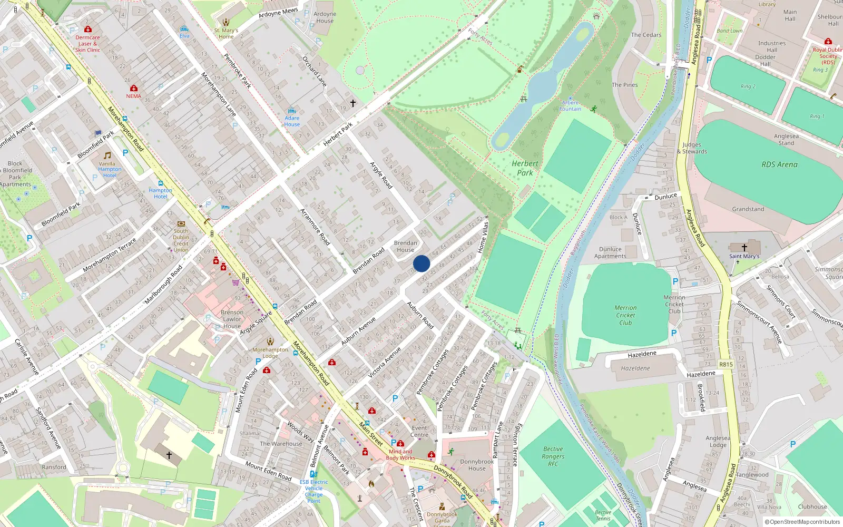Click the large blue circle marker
pyautogui.click(x=421, y=263)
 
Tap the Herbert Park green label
pyautogui.click(x=525, y=168)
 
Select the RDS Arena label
pyautogui.click(x=779, y=164)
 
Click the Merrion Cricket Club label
pyautogui.click(x=625, y=315)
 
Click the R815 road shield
pyautogui.click(x=726, y=364)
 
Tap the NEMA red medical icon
pyautogui.click(x=134, y=88)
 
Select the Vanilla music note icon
pyautogui.click(x=107, y=155)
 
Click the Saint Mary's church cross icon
pyautogui.click(x=744, y=247)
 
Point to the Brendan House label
pyautogui.click(x=405, y=247)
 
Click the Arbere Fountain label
pyautogui.click(x=570, y=106)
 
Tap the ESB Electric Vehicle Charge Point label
pyautogui.click(x=313, y=491)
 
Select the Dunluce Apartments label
pyautogui.click(x=610, y=253)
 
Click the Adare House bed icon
pyautogui.click(x=292, y=111)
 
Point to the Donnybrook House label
pyautogui.click(x=477, y=465)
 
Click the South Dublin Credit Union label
pyautogui.click(x=181, y=240)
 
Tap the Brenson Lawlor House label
pyautogui.click(x=232, y=319)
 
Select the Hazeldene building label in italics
pyautogui.click(x=635, y=368)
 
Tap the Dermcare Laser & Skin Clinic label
pyautogui.click(x=87, y=44)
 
